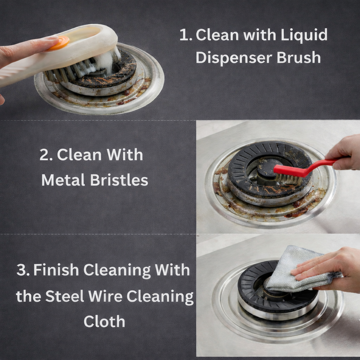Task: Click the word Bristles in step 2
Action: tap(119, 180)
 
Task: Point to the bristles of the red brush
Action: tap(288, 179)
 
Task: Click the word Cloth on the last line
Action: tap(104, 321)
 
